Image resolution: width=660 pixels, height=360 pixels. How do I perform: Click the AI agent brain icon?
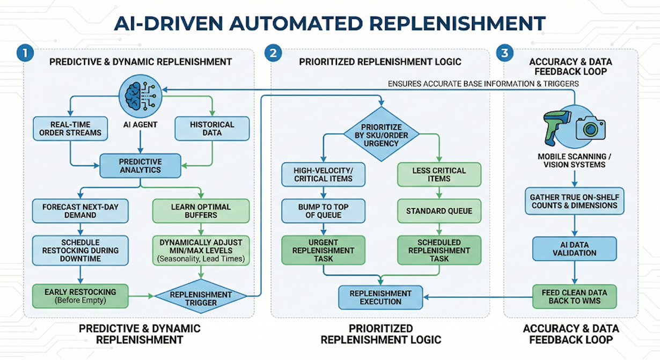[x=140, y=94]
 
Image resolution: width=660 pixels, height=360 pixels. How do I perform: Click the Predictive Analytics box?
[x=140, y=166]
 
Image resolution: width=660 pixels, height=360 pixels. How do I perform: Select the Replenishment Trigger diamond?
[x=201, y=298]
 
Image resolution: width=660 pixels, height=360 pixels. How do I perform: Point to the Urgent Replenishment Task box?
[x=323, y=251]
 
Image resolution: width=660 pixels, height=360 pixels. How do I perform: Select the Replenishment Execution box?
[x=380, y=297]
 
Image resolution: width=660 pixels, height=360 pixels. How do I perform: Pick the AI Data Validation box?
[x=575, y=248]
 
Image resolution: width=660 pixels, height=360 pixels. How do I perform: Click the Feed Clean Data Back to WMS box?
[x=575, y=296]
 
